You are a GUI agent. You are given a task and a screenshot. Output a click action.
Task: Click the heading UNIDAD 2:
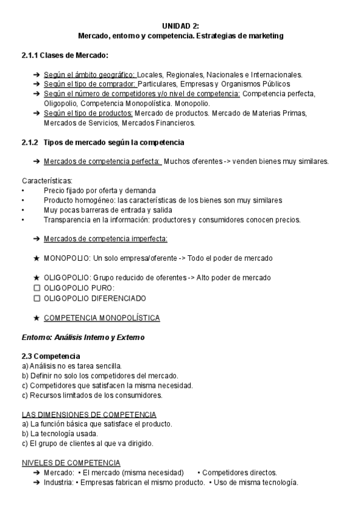[181, 26]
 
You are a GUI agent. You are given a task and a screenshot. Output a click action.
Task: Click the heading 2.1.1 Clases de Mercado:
[65, 56]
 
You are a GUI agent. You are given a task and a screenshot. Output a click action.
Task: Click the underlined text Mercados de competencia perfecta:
[102, 162]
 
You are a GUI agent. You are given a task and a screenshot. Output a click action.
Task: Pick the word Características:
[47, 181]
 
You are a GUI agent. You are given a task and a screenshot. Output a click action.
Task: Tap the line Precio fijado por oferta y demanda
[99, 191]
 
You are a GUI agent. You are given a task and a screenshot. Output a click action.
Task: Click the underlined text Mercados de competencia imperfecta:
[105, 239]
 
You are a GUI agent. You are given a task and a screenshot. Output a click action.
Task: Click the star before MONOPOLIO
[37, 258]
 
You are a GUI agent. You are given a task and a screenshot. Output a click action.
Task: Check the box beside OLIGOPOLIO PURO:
[37, 288]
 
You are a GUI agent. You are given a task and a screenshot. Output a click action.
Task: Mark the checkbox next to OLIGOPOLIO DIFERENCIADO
[37, 298]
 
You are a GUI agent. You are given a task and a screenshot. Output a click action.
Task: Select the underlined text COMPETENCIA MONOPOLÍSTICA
[102, 318]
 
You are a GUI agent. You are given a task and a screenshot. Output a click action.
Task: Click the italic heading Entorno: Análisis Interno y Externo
[83, 337]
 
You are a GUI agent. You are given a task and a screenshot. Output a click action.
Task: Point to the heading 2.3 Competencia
[50, 356]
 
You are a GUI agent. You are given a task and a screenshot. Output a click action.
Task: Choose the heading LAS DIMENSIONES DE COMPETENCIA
[89, 414]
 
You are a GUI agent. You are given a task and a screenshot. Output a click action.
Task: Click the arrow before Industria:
[37, 482]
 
